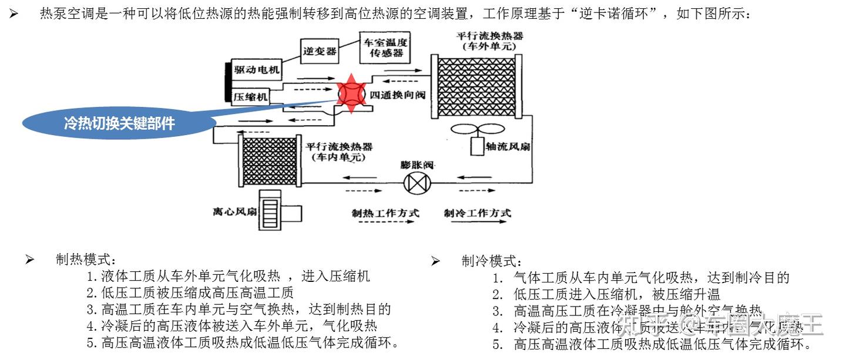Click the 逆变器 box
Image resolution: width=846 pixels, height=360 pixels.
pos(320,51)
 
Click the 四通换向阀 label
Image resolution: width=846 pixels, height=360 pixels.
pos(397,95)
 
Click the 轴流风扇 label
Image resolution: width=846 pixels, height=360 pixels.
pos(508,146)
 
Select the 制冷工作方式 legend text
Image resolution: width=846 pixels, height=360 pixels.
pos(477,213)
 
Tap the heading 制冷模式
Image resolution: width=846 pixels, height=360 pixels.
pos(491,261)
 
